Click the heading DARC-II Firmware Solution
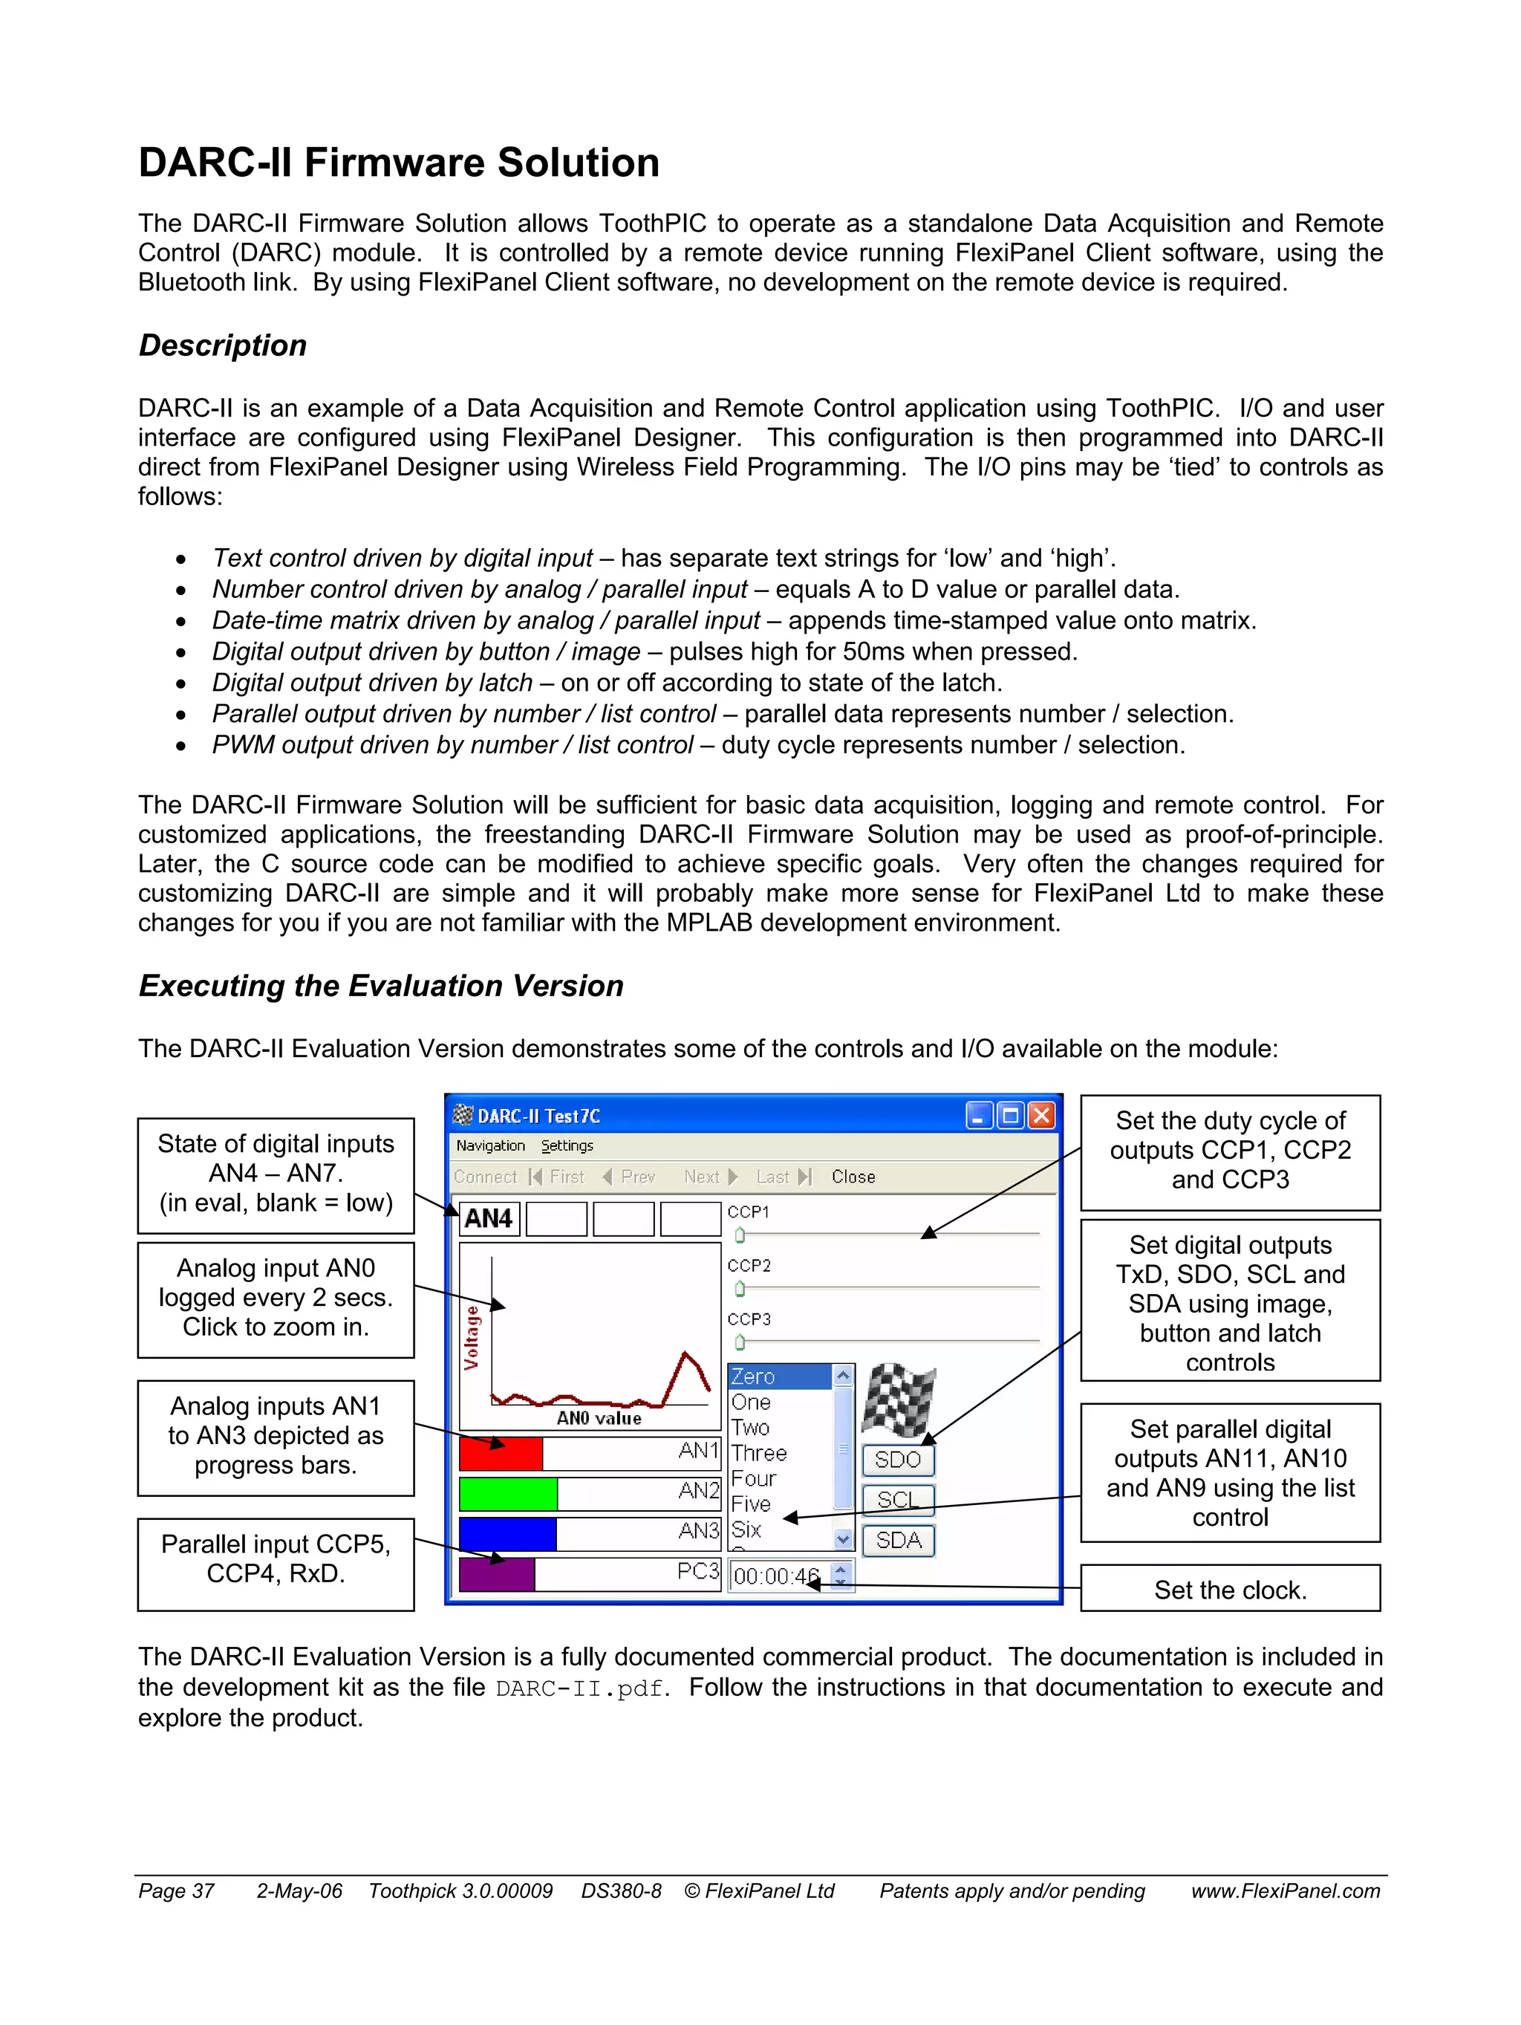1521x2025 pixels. point(398,163)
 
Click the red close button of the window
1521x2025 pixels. point(1041,1115)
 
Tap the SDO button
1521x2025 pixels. point(898,1459)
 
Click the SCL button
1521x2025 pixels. point(898,1500)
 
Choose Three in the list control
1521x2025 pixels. point(760,1453)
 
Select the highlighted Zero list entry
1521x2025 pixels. point(778,1376)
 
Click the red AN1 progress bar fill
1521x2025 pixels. point(501,1454)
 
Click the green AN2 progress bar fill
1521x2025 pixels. point(508,1494)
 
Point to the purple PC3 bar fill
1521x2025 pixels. point(497,1575)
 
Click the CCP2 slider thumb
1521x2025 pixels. point(740,1289)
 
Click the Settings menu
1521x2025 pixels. point(567,1146)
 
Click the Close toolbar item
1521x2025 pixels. point(853,1177)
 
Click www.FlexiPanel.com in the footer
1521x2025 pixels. point(1285,1891)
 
